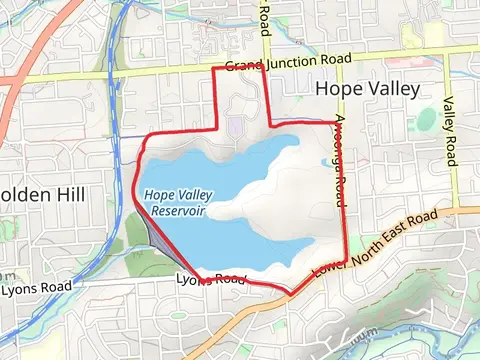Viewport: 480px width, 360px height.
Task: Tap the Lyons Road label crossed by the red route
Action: (209, 279)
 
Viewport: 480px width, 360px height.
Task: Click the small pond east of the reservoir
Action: (329, 161)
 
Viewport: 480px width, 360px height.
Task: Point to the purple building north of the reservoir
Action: (234, 126)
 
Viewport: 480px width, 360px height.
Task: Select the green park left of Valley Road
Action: (427, 120)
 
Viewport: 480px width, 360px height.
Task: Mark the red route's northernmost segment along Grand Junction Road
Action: (240, 68)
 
